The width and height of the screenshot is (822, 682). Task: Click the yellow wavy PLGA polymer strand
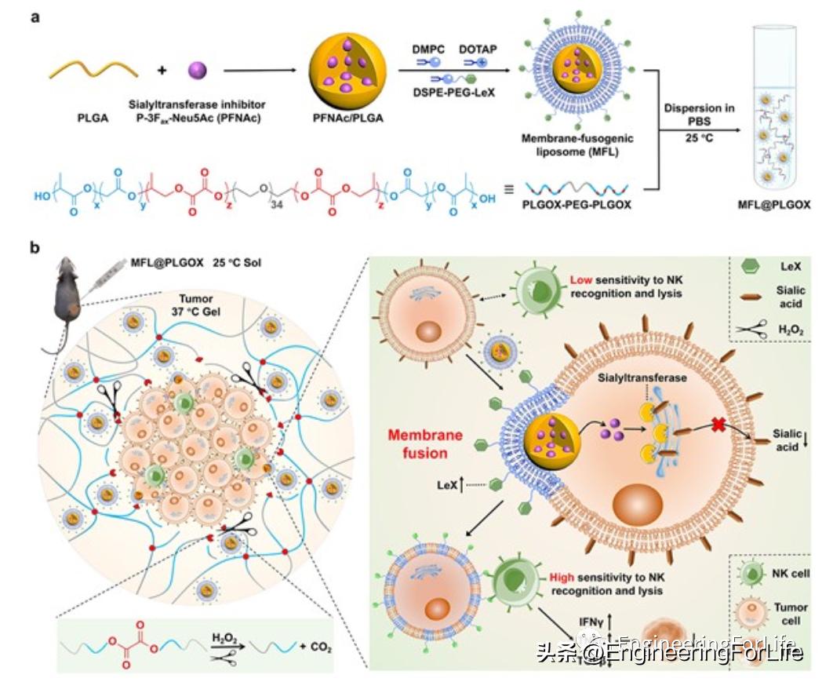tap(93, 71)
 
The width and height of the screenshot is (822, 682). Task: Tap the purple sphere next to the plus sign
tap(199, 71)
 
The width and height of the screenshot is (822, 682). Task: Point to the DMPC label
tap(429, 49)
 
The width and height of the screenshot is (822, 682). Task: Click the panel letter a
tap(35, 16)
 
